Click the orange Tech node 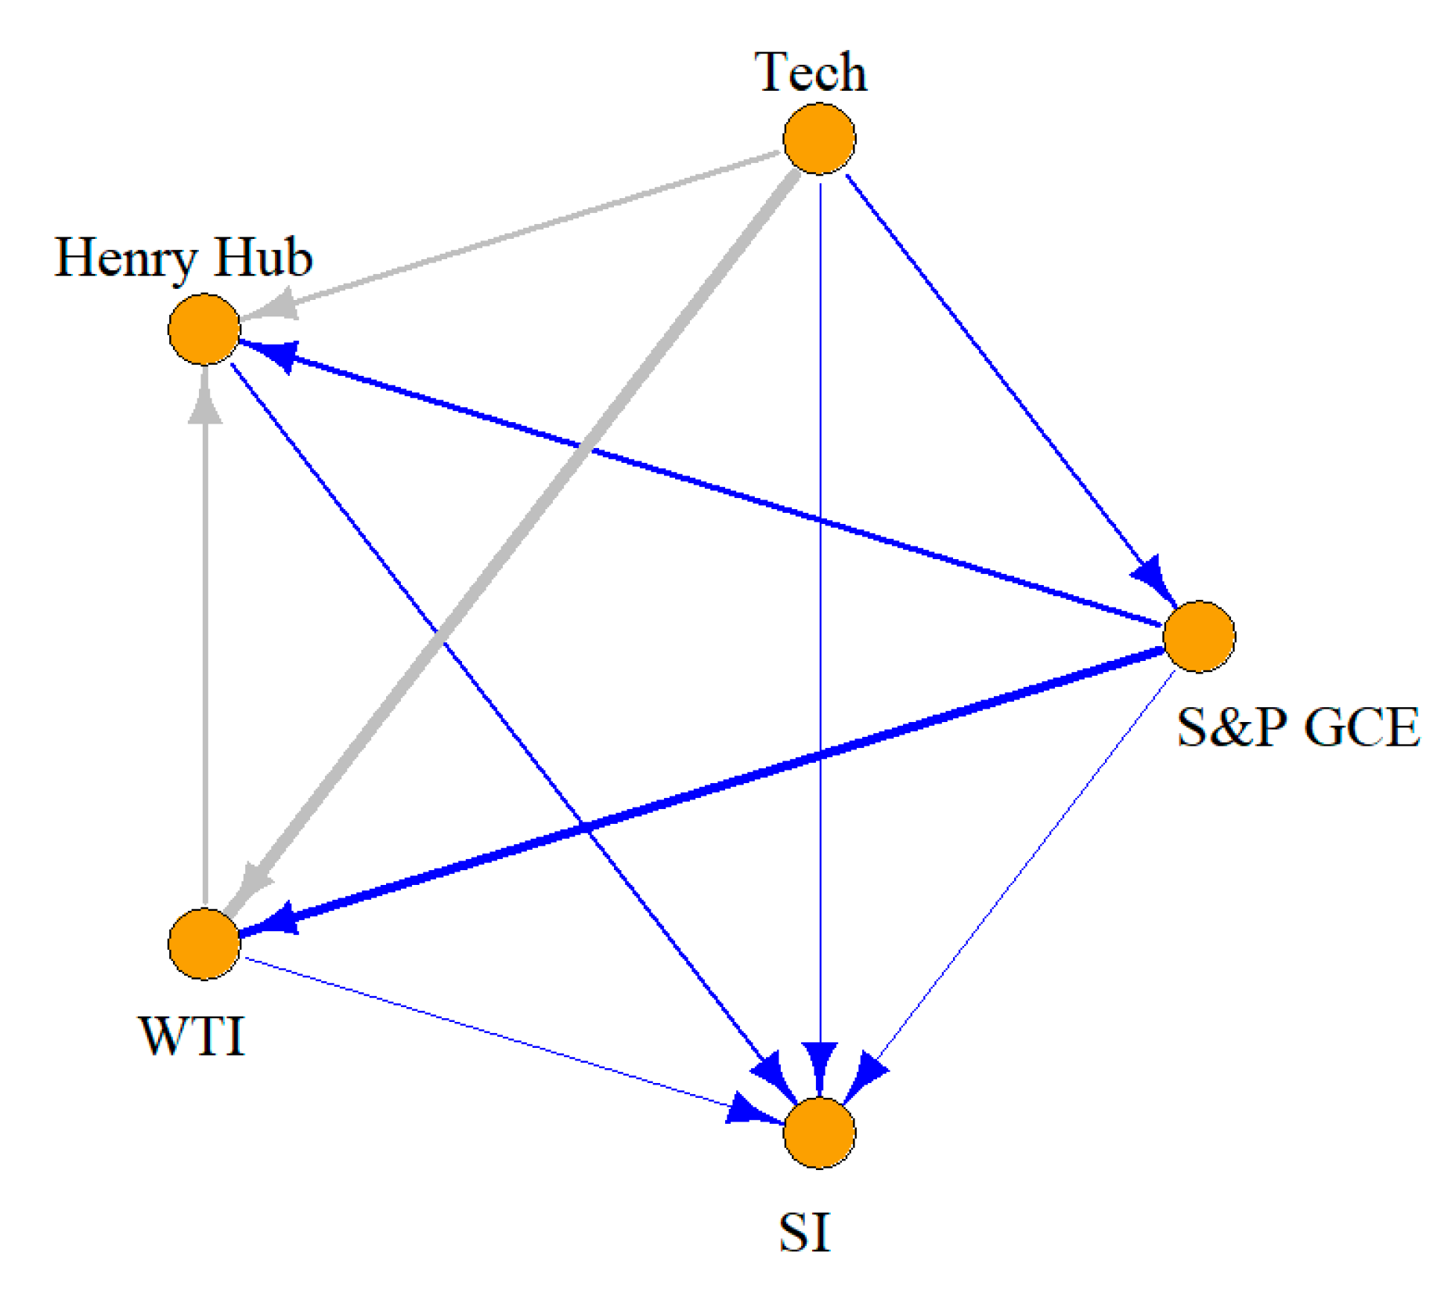click(819, 139)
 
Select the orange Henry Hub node click(204, 329)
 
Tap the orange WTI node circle click(204, 944)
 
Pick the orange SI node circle click(819, 1133)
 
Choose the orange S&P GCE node click(1199, 637)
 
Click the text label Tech click(811, 72)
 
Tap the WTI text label click(193, 1035)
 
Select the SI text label click(804, 1232)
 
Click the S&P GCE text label click(1298, 727)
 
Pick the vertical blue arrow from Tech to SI click(820, 627)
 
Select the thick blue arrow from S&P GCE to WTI click(705, 791)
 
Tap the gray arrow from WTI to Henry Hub click(204, 642)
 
